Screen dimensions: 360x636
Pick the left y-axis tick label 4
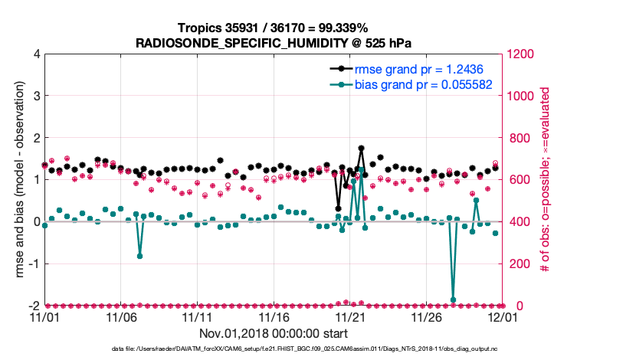(36, 54)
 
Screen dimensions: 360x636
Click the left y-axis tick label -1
(34, 263)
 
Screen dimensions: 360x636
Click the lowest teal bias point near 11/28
(453, 300)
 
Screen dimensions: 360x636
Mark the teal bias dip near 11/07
(139, 256)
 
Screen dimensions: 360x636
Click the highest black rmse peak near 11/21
(361, 148)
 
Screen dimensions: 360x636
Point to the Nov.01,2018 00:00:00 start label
(274, 333)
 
